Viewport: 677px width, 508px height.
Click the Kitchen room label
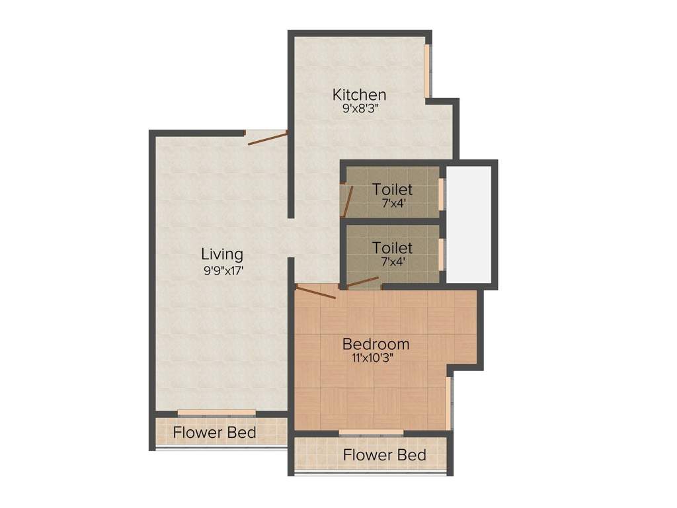359,95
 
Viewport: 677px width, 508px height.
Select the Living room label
222,254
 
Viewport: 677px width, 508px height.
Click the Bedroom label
376,345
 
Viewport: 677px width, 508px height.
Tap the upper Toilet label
392,190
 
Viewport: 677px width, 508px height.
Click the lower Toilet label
392,248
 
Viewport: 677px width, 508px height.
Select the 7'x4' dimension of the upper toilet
392,203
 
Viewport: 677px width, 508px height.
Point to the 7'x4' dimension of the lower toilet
392,261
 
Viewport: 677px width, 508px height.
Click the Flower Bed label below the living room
215,434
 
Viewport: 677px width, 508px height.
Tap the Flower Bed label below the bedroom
384,455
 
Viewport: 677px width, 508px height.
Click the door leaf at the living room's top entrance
267,138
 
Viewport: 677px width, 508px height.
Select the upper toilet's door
348,200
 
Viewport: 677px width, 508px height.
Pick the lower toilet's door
363,283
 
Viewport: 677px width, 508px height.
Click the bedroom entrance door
316,292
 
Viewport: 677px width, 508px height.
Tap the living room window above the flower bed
216,413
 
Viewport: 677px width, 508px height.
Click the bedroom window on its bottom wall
371,433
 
